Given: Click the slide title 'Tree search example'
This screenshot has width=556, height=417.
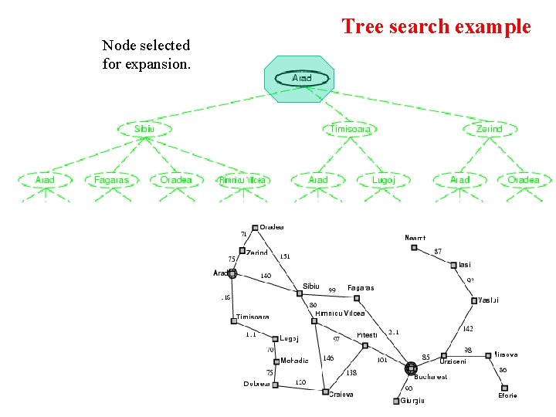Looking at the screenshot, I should click(x=436, y=27).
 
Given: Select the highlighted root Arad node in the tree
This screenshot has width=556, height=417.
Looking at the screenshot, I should click(x=302, y=78).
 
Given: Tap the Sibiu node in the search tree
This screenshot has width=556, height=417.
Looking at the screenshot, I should click(x=144, y=129).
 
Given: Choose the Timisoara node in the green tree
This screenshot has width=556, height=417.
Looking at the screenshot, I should click(x=351, y=129).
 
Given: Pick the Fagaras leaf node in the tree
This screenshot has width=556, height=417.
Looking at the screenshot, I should click(x=111, y=180).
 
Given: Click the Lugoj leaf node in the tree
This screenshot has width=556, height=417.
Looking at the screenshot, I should click(x=383, y=180).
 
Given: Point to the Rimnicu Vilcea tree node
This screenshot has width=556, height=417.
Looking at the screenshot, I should click(x=242, y=180).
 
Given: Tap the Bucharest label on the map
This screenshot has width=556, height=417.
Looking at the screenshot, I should click(x=430, y=377).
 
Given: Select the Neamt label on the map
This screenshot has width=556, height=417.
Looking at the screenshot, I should click(x=415, y=238).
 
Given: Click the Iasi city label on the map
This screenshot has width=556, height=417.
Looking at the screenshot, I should click(x=464, y=265).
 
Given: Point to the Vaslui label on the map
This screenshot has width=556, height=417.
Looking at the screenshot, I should click(x=489, y=300).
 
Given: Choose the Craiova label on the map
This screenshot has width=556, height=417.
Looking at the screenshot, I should click(x=341, y=394).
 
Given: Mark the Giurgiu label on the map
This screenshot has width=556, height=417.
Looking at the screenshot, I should click(x=413, y=400).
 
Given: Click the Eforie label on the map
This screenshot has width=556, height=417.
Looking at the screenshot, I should click(x=507, y=395).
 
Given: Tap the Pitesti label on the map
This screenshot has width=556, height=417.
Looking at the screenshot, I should click(x=367, y=335).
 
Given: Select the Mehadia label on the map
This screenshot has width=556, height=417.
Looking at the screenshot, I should click(x=294, y=361).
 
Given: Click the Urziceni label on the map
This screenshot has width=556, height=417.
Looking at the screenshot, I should click(x=453, y=361).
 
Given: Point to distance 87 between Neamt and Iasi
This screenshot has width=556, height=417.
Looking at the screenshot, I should click(x=438, y=251).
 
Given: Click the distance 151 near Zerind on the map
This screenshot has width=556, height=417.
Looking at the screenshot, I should click(x=285, y=256).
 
